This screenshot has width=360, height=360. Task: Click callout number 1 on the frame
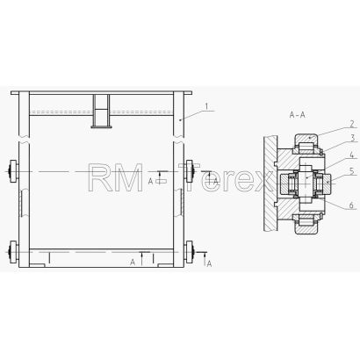(206, 106)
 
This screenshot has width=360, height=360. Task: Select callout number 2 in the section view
(352, 124)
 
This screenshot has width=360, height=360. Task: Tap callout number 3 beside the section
(352, 138)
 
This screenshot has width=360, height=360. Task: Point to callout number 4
(352, 155)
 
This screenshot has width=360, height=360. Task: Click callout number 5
(352, 171)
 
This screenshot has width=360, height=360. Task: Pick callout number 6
(352, 205)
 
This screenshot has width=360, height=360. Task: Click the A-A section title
(297, 115)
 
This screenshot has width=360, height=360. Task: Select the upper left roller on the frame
(13, 171)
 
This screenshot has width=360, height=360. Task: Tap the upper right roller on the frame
(191, 171)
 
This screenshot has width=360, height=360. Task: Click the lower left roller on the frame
(13, 252)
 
